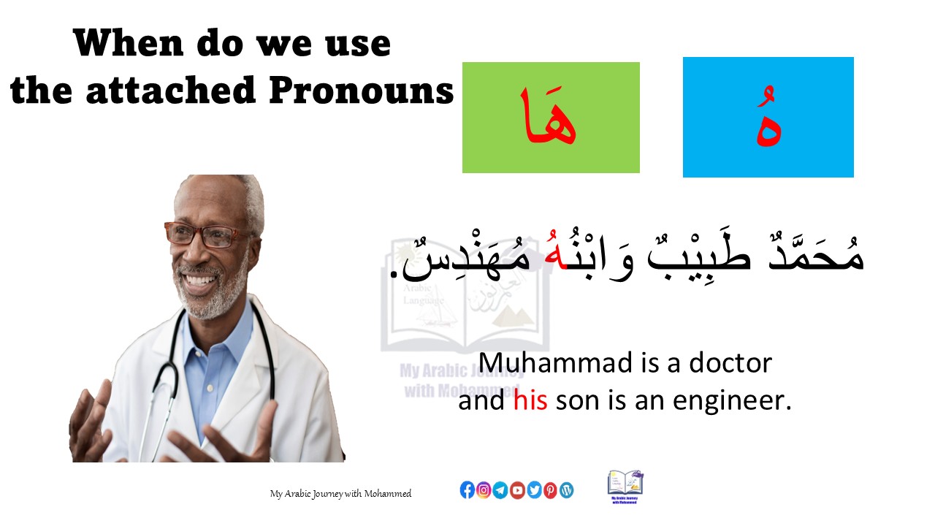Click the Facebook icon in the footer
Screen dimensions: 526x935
coord(467,490)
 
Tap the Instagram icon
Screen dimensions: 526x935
coord(484,490)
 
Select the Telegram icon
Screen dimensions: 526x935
coord(500,490)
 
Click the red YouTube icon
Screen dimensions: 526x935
coord(517,490)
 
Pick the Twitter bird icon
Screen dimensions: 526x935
coord(534,490)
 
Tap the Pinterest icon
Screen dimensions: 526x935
coord(550,490)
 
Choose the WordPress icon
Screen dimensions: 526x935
coord(567,490)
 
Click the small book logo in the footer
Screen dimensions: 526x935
coord(625,486)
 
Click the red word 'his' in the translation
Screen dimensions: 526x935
coord(530,401)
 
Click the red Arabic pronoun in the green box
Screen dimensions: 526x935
coord(549,118)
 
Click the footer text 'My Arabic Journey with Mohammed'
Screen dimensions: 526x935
coord(340,494)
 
